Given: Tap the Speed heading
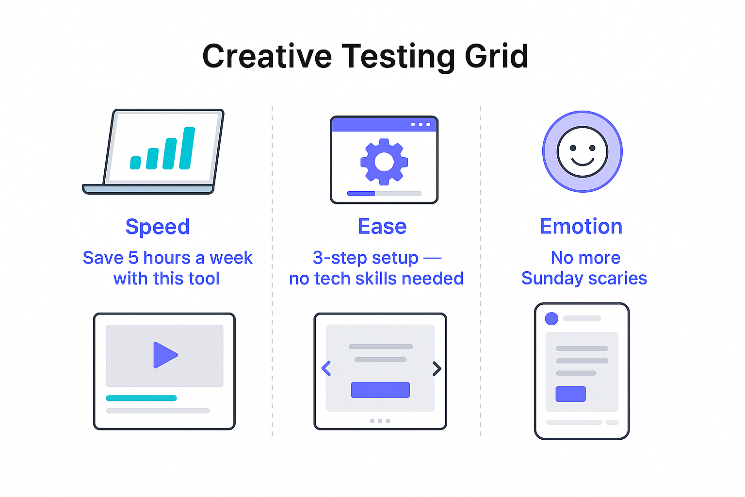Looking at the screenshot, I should (x=158, y=227).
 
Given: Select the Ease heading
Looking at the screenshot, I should (x=382, y=227).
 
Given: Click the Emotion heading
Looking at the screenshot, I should (x=581, y=227).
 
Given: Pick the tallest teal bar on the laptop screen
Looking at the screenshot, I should (x=187, y=148).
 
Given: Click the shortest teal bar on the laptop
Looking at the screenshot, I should (x=136, y=163).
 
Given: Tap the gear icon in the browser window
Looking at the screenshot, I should (x=384, y=162).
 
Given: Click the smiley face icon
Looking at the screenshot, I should (x=582, y=152).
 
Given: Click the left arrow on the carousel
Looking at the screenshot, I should (x=326, y=368).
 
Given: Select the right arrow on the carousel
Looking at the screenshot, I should (x=437, y=368).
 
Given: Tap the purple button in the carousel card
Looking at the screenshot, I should (x=380, y=390).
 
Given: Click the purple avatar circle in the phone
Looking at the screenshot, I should (x=551, y=318).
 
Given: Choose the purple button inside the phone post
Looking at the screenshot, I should (x=570, y=394).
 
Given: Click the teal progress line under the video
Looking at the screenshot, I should (x=141, y=398).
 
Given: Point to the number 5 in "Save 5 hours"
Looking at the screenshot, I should (x=133, y=258).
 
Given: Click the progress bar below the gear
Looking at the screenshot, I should (x=384, y=193).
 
